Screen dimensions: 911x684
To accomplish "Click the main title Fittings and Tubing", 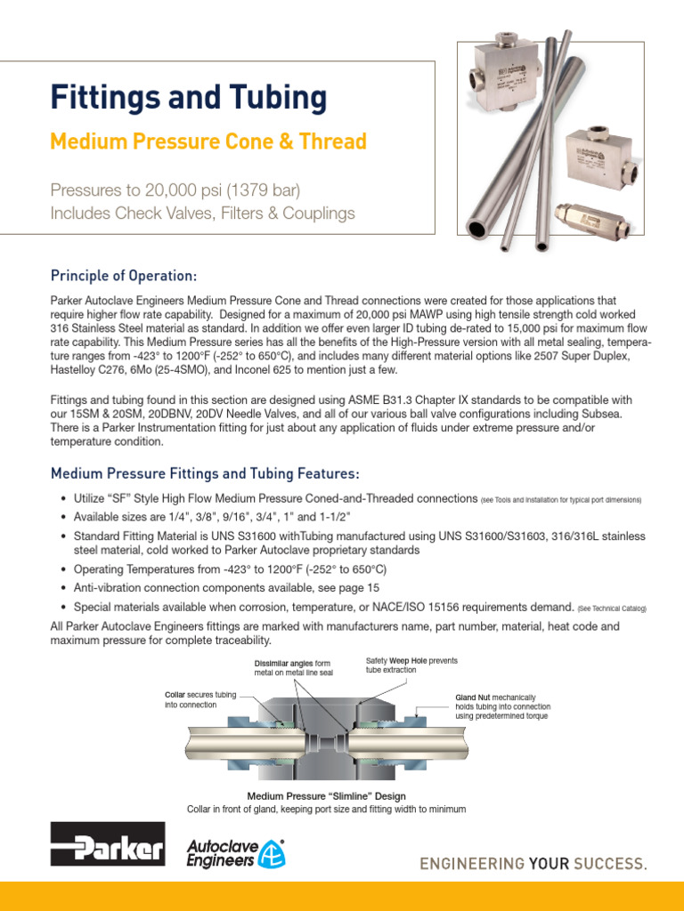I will [x=188, y=97].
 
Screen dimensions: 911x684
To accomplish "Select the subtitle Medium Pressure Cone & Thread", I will [x=208, y=141].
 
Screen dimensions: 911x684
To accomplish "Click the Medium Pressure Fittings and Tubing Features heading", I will [x=205, y=472].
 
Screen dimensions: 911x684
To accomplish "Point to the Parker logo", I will [x=108, y=844].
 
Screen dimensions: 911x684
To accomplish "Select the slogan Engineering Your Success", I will [x=533, y=863].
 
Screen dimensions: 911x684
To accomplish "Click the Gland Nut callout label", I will [x=499, y=706].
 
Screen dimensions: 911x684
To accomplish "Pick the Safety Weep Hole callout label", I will [x=411, y=665].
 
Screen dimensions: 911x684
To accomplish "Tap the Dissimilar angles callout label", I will [x=292, y=668].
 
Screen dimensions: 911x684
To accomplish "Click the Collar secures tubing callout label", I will [x=199, y=699].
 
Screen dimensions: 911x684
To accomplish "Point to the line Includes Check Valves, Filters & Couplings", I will [x=202, y=214].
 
